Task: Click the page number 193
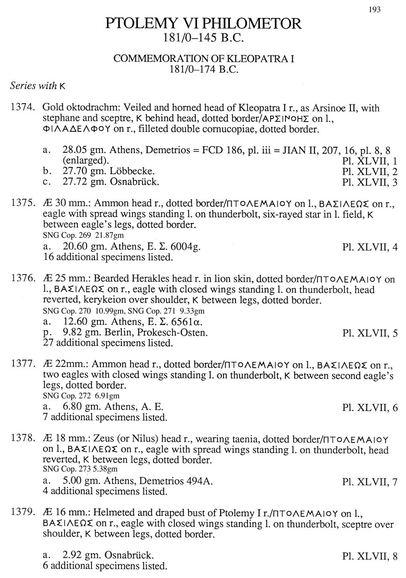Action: [374, 9]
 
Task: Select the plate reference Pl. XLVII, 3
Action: [370, 182]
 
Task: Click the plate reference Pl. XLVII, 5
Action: [370, 333]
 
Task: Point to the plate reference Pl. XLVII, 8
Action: [370, 556]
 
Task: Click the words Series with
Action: [34, 86]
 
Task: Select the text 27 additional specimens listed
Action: [108, 343]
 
